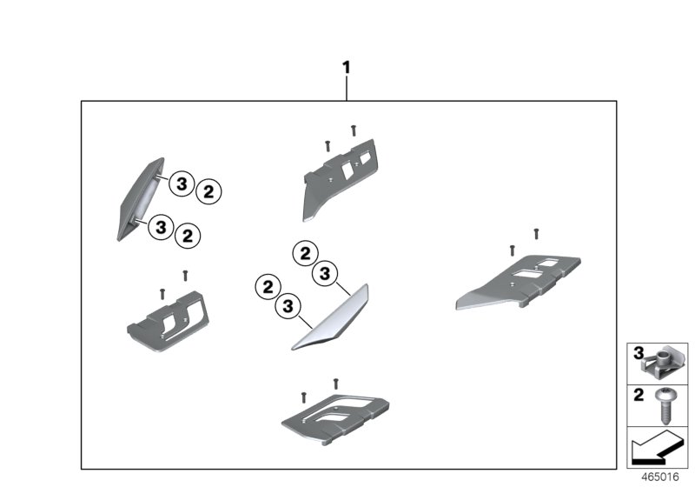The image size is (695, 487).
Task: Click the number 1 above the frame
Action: click(347, 67)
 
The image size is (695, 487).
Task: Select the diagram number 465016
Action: click(659, 477)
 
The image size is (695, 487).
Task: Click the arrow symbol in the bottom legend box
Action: click(657, 450)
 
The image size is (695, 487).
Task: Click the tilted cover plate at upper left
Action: click(138, 197)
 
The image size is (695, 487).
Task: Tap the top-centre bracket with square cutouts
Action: click(341, 175)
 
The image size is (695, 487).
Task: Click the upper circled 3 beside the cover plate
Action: click(180, 183)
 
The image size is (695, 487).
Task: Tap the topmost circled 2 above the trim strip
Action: click(305, 254)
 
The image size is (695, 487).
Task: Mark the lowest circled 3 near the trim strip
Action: click(288, 306)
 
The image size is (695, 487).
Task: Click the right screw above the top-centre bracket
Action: click(354, 130)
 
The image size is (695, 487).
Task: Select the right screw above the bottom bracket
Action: click(335, 382)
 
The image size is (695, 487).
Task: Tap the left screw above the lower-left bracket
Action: click(162, 292)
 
